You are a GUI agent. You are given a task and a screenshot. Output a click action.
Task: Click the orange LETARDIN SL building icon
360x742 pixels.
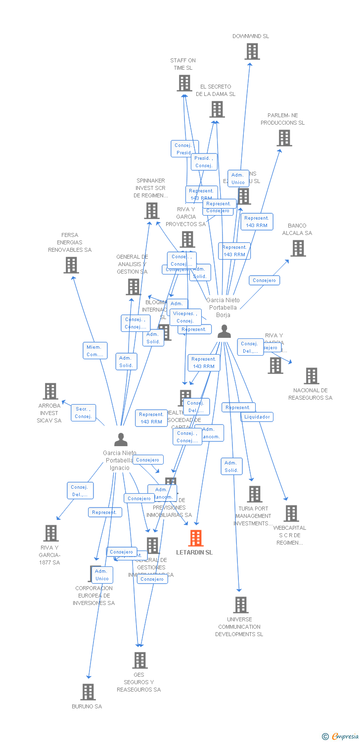tap(196, 538)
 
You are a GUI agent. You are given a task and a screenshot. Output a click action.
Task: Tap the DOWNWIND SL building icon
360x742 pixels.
tap(252, 51)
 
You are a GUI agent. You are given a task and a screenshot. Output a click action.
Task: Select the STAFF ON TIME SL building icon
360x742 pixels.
tap(184, 83)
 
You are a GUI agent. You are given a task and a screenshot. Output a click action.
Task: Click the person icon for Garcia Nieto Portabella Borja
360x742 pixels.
tap(224, 331)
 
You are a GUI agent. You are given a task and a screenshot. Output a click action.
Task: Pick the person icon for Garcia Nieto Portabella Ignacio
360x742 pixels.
tap(121, 439)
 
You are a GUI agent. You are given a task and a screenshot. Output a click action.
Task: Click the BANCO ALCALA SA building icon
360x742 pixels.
tap(298, 248)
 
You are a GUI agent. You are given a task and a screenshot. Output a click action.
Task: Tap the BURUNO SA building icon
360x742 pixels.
tap(88, 692)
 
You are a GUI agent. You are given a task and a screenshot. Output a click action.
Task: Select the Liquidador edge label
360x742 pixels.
tap(257, 417)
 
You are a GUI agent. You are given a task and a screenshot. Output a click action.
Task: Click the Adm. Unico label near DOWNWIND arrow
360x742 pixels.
tap(238, 179)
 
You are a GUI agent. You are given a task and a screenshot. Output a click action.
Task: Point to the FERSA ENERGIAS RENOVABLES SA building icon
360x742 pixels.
tap(71, 265)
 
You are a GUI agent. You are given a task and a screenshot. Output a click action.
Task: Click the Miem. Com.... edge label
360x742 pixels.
tap(94, 351)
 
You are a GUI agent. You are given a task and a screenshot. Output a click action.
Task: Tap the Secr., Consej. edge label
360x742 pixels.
tap(83, 413)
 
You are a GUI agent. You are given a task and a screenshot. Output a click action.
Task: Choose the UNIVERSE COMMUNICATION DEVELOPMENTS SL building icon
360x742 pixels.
tap(240, 604)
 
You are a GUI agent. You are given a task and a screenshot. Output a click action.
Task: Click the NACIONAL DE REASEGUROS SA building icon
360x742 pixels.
tap(311, 376)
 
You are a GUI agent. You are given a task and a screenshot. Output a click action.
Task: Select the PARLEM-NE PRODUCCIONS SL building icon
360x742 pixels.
tap(284, 138)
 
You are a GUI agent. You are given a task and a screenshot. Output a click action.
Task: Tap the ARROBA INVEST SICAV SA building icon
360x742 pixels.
tap(50, 391)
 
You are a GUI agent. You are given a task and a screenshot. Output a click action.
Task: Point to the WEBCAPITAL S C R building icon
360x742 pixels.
tap(291, 513)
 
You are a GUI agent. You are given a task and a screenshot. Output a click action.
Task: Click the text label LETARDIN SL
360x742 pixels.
tap(194, 552)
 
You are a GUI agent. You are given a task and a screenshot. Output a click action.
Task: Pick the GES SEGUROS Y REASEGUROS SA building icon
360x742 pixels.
tap(140, 660)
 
